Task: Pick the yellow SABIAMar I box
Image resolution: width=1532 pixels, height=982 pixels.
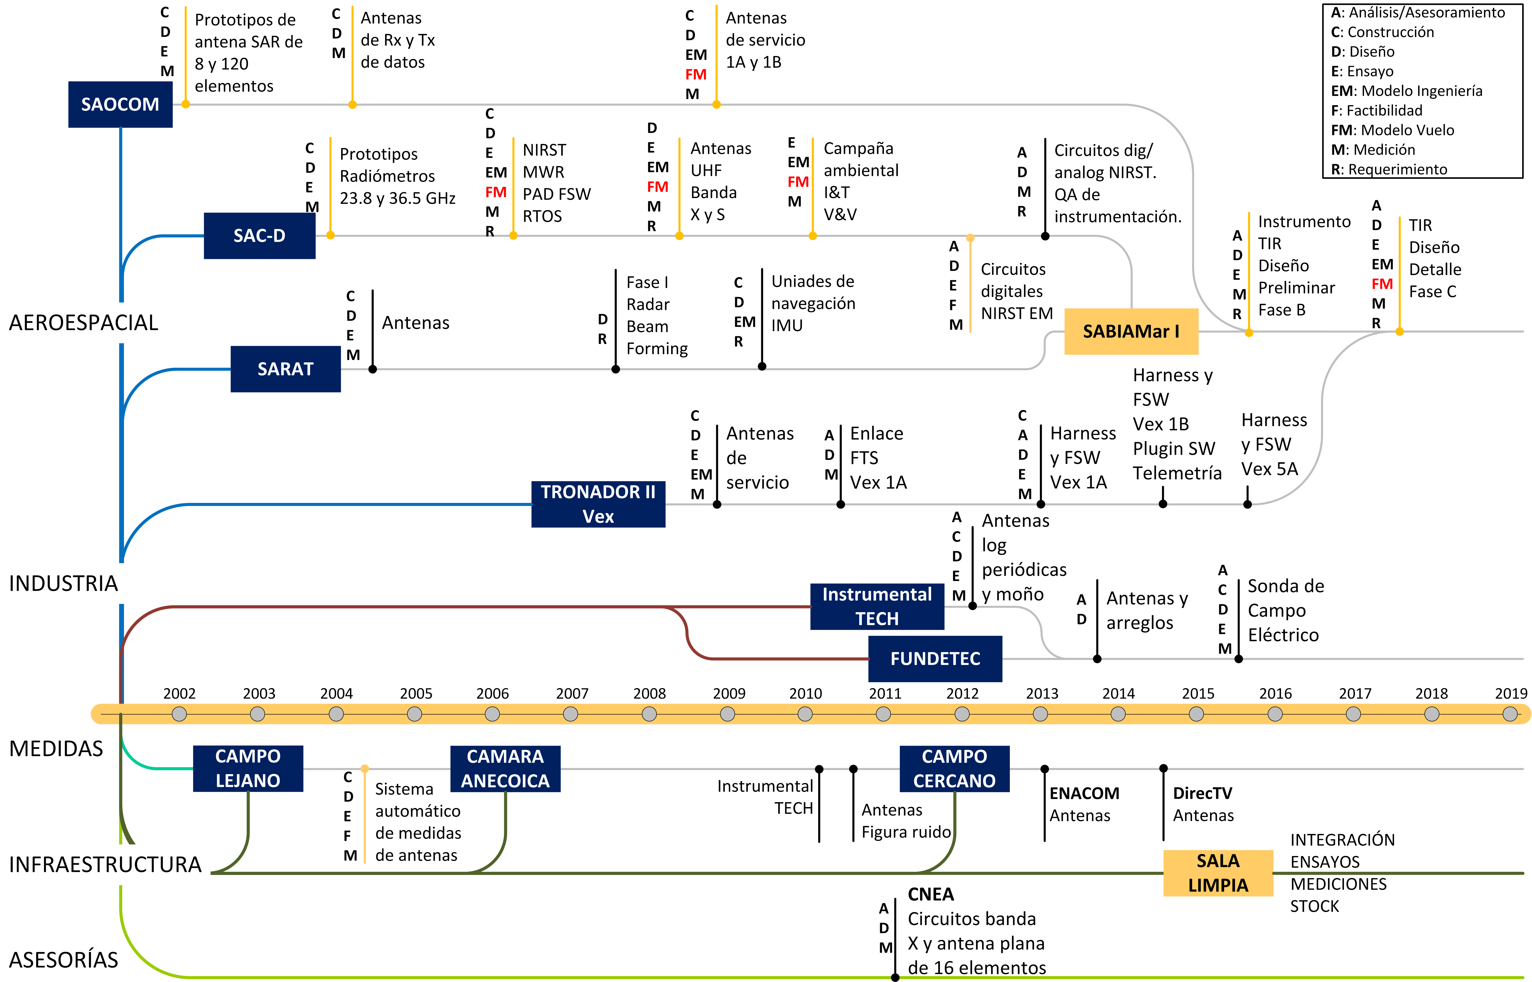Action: (1131, 332)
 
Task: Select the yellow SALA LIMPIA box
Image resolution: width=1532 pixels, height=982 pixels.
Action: (1217, 873)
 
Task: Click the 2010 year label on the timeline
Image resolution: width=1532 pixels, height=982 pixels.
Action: (806, 694)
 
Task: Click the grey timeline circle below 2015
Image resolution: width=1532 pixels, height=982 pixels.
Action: (1197, 714)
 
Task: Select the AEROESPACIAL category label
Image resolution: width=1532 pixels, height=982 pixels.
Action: (83, 323)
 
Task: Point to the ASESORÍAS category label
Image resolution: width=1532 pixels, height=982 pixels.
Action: (64, 960)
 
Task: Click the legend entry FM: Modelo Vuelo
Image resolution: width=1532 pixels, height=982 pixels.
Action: (1392, 130)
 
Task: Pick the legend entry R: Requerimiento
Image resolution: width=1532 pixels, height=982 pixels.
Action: (1389, 170)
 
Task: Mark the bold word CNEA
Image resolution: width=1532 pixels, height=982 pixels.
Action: (931, 895)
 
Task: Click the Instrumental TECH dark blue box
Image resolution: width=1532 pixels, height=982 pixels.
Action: (877, 606)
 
